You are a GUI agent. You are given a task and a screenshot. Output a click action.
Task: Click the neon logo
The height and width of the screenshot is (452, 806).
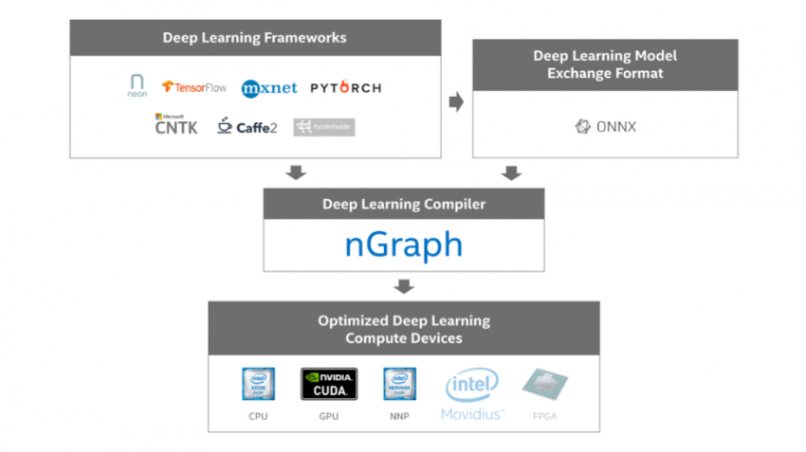click(x=137, y=87)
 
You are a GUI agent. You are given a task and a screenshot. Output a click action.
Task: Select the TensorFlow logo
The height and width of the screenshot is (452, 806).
click(x=194, y=87)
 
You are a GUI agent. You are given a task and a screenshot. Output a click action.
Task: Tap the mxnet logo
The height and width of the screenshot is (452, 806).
click(x=269, y=88)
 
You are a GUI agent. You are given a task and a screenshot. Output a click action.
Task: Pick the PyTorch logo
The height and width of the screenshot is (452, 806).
click(x=346, y=88)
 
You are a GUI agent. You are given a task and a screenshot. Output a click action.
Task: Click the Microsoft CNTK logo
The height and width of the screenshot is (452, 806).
click(x=176, y=124)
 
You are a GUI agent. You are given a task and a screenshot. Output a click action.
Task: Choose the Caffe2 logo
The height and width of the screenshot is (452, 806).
click(x=247, y=126)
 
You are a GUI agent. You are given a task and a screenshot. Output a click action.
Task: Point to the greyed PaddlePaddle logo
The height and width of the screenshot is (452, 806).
click(x=324, y=127)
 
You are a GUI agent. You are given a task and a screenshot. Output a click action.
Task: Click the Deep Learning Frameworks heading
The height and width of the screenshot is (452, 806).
click(x=254, y=38)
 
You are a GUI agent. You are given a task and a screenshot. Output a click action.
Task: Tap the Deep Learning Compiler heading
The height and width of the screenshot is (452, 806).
click(x=403, y=204)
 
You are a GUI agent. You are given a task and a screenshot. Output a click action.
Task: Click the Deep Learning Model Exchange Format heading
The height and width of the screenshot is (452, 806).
click(x=604, y=64)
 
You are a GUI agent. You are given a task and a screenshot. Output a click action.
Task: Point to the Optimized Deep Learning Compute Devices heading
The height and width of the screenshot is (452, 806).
click(x=403, y=329)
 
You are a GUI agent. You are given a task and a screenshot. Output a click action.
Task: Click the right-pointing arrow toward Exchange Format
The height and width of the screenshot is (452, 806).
click(x=456, y=101)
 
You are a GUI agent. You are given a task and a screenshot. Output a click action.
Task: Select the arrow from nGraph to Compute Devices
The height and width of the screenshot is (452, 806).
click(x=404, y=286)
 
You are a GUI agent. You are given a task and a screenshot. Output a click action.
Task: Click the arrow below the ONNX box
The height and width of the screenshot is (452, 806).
click(x=511, y=172)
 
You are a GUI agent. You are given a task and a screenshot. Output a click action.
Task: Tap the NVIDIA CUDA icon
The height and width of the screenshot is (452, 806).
click(x=328, y=384)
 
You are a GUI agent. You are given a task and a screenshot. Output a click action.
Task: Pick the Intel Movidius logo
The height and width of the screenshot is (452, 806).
click(x=472, y=393)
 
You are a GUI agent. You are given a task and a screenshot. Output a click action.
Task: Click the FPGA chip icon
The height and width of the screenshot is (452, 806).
click(x=544, y=385)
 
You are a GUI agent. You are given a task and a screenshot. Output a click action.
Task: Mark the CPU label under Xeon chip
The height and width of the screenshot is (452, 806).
click(x=258, y=416)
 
